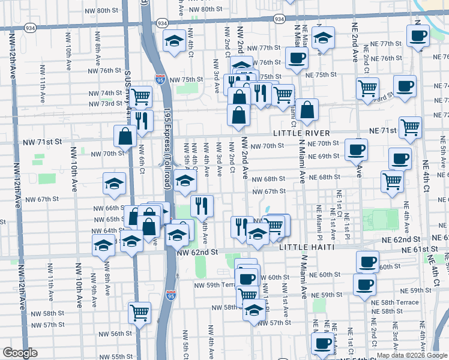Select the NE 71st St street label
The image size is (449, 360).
(x=383, y=130)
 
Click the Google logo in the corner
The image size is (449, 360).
(x=20, y=353)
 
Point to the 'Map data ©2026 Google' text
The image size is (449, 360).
(x=411, y=355)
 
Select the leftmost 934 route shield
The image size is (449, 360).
(x=29, y=28)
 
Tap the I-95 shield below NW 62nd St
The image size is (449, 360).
(x=171, y=295)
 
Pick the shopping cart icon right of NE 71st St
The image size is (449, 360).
(x=411, y=126)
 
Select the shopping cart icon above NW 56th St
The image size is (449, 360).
(x=140, y=311)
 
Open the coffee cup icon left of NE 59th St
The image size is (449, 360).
(x=364, y=284)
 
